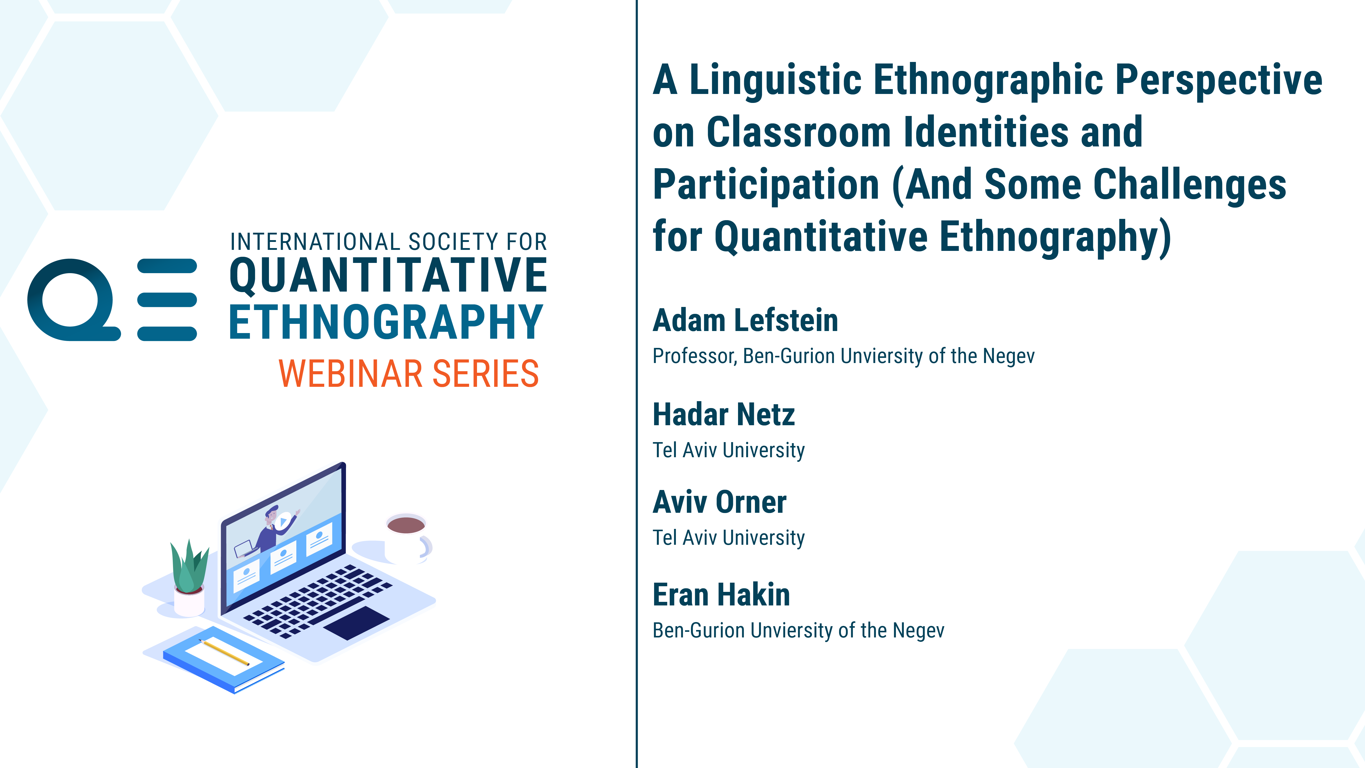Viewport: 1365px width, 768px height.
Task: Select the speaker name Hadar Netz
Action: click(x=724, y=414)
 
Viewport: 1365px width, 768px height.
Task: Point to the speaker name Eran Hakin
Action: click(x=721, y=595)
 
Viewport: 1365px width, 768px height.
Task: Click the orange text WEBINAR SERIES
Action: click(x=408, y=374)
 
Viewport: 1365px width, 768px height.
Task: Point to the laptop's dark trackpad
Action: click(x=357, y=623)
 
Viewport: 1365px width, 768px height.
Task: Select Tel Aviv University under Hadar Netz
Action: click(x=729, y=450)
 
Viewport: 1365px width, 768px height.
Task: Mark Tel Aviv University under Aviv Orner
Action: click(x=729, y=537)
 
